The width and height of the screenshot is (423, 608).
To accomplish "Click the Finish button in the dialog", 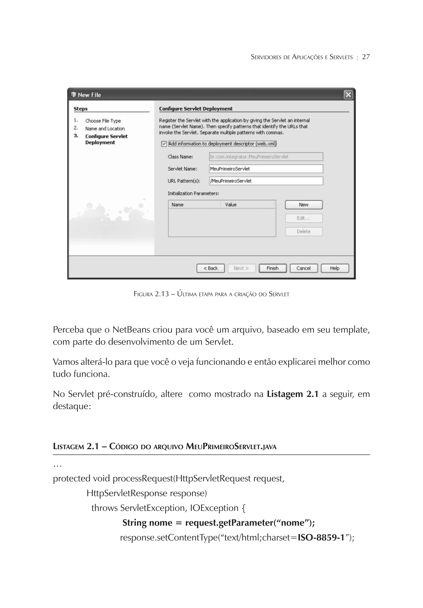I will pyautogui.click(x=272, y=268).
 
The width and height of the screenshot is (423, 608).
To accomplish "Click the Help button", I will pyautogui.click(x=335, y=268).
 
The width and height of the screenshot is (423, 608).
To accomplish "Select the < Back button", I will pyautogui.click(x=211, y=268).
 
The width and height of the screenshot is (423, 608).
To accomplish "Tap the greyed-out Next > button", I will pyautogui.click(x=241, y=268).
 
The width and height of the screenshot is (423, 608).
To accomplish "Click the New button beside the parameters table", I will pyautogui.click(x=304, y=205).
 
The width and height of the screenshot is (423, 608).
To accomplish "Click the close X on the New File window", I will pyautogui.click(x=348, y=95).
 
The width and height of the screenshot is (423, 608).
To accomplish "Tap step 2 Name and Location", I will pyautogui.click(x=105, y=129).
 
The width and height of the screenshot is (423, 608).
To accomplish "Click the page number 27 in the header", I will pyautogui.click(x=366, y=57).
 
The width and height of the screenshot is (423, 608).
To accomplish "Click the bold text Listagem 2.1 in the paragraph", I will pyautogui.click(x=292, y=394).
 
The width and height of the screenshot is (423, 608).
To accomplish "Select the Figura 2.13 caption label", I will pyautogui.click(x=151, y=294).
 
